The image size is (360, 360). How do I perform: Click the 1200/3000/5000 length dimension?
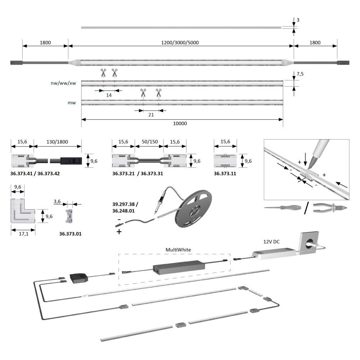[180, 42]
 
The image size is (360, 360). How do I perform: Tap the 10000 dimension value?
[180, 123]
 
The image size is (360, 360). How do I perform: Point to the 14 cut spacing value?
[109, 95]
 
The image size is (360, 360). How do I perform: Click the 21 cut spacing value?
[151, 115]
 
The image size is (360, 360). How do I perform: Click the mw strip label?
[71, 103]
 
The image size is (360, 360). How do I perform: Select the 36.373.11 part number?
[226, 173]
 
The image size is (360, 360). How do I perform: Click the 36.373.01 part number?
[70, 234]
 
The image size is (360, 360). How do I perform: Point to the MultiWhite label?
[178, 249]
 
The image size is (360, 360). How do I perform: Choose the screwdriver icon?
[282, 208]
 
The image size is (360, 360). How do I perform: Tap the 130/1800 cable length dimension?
[58, 142]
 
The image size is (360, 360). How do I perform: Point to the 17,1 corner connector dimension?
[23, 234]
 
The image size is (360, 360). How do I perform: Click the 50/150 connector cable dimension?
[149, 142]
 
